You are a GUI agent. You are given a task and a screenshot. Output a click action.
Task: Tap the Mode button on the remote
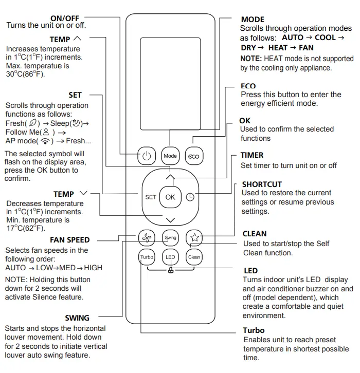point(170,156)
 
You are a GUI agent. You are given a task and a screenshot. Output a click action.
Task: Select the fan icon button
point(147,237)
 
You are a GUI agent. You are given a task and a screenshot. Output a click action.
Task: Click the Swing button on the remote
point(170,238)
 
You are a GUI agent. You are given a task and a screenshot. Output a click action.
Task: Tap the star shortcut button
point(194,237)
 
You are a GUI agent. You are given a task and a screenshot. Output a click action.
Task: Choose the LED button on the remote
point(170,257)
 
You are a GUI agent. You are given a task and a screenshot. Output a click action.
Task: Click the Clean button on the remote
point(194,257)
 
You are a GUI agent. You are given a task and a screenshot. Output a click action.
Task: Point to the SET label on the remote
point(150,197)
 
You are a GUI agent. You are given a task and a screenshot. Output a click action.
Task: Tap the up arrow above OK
point(170,177)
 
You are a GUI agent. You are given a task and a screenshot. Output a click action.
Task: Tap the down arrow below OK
point(170,220)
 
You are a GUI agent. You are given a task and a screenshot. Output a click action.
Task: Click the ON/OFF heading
point(65,18)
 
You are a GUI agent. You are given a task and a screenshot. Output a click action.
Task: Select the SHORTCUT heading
point(262,184)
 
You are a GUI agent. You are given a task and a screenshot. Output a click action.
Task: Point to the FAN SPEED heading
point(70,240)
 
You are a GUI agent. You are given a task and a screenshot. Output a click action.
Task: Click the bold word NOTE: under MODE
point(251,59)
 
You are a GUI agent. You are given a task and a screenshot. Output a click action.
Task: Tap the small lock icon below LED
point(170,271)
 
